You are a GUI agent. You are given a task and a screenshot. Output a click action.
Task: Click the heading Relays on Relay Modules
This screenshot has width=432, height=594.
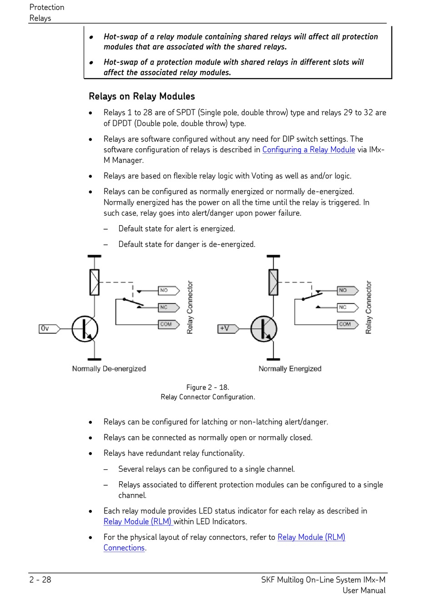click(141, 96)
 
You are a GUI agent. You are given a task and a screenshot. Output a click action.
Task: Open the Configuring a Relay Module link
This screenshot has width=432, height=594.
click(308, 150)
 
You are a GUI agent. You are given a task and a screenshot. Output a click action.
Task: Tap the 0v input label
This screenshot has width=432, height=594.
click(48, 328)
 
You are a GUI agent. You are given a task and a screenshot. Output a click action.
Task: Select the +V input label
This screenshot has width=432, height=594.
click(227, 328)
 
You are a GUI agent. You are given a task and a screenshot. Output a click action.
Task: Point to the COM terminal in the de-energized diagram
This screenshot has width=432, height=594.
click(167, 324)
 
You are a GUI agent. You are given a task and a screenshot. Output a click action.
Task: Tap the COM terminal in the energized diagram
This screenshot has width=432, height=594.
click(346, 324)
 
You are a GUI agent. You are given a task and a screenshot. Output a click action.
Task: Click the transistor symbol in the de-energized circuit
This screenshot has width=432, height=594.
click(85, 329)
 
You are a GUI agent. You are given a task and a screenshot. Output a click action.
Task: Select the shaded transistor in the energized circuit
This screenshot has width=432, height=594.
click(264, 329)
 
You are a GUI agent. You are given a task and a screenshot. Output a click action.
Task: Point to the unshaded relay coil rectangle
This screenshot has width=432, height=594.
click(95, 282)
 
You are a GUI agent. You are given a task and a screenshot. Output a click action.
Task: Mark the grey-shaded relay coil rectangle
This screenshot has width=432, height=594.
click(273, 282)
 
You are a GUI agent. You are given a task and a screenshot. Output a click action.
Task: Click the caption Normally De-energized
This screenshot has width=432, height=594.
click(109, 368)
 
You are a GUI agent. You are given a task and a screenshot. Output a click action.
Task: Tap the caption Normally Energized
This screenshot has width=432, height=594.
click(290, 368)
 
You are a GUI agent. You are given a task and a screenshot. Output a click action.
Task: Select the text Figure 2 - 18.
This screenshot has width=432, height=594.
click(208, 388)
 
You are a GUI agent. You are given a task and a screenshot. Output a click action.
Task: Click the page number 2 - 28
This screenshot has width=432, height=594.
click(40, 579)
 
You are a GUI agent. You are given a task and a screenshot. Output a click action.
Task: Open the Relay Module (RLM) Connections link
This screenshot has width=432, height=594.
click(311, 537)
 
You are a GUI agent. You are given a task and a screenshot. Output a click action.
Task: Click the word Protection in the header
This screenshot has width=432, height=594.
click(47, 7)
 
